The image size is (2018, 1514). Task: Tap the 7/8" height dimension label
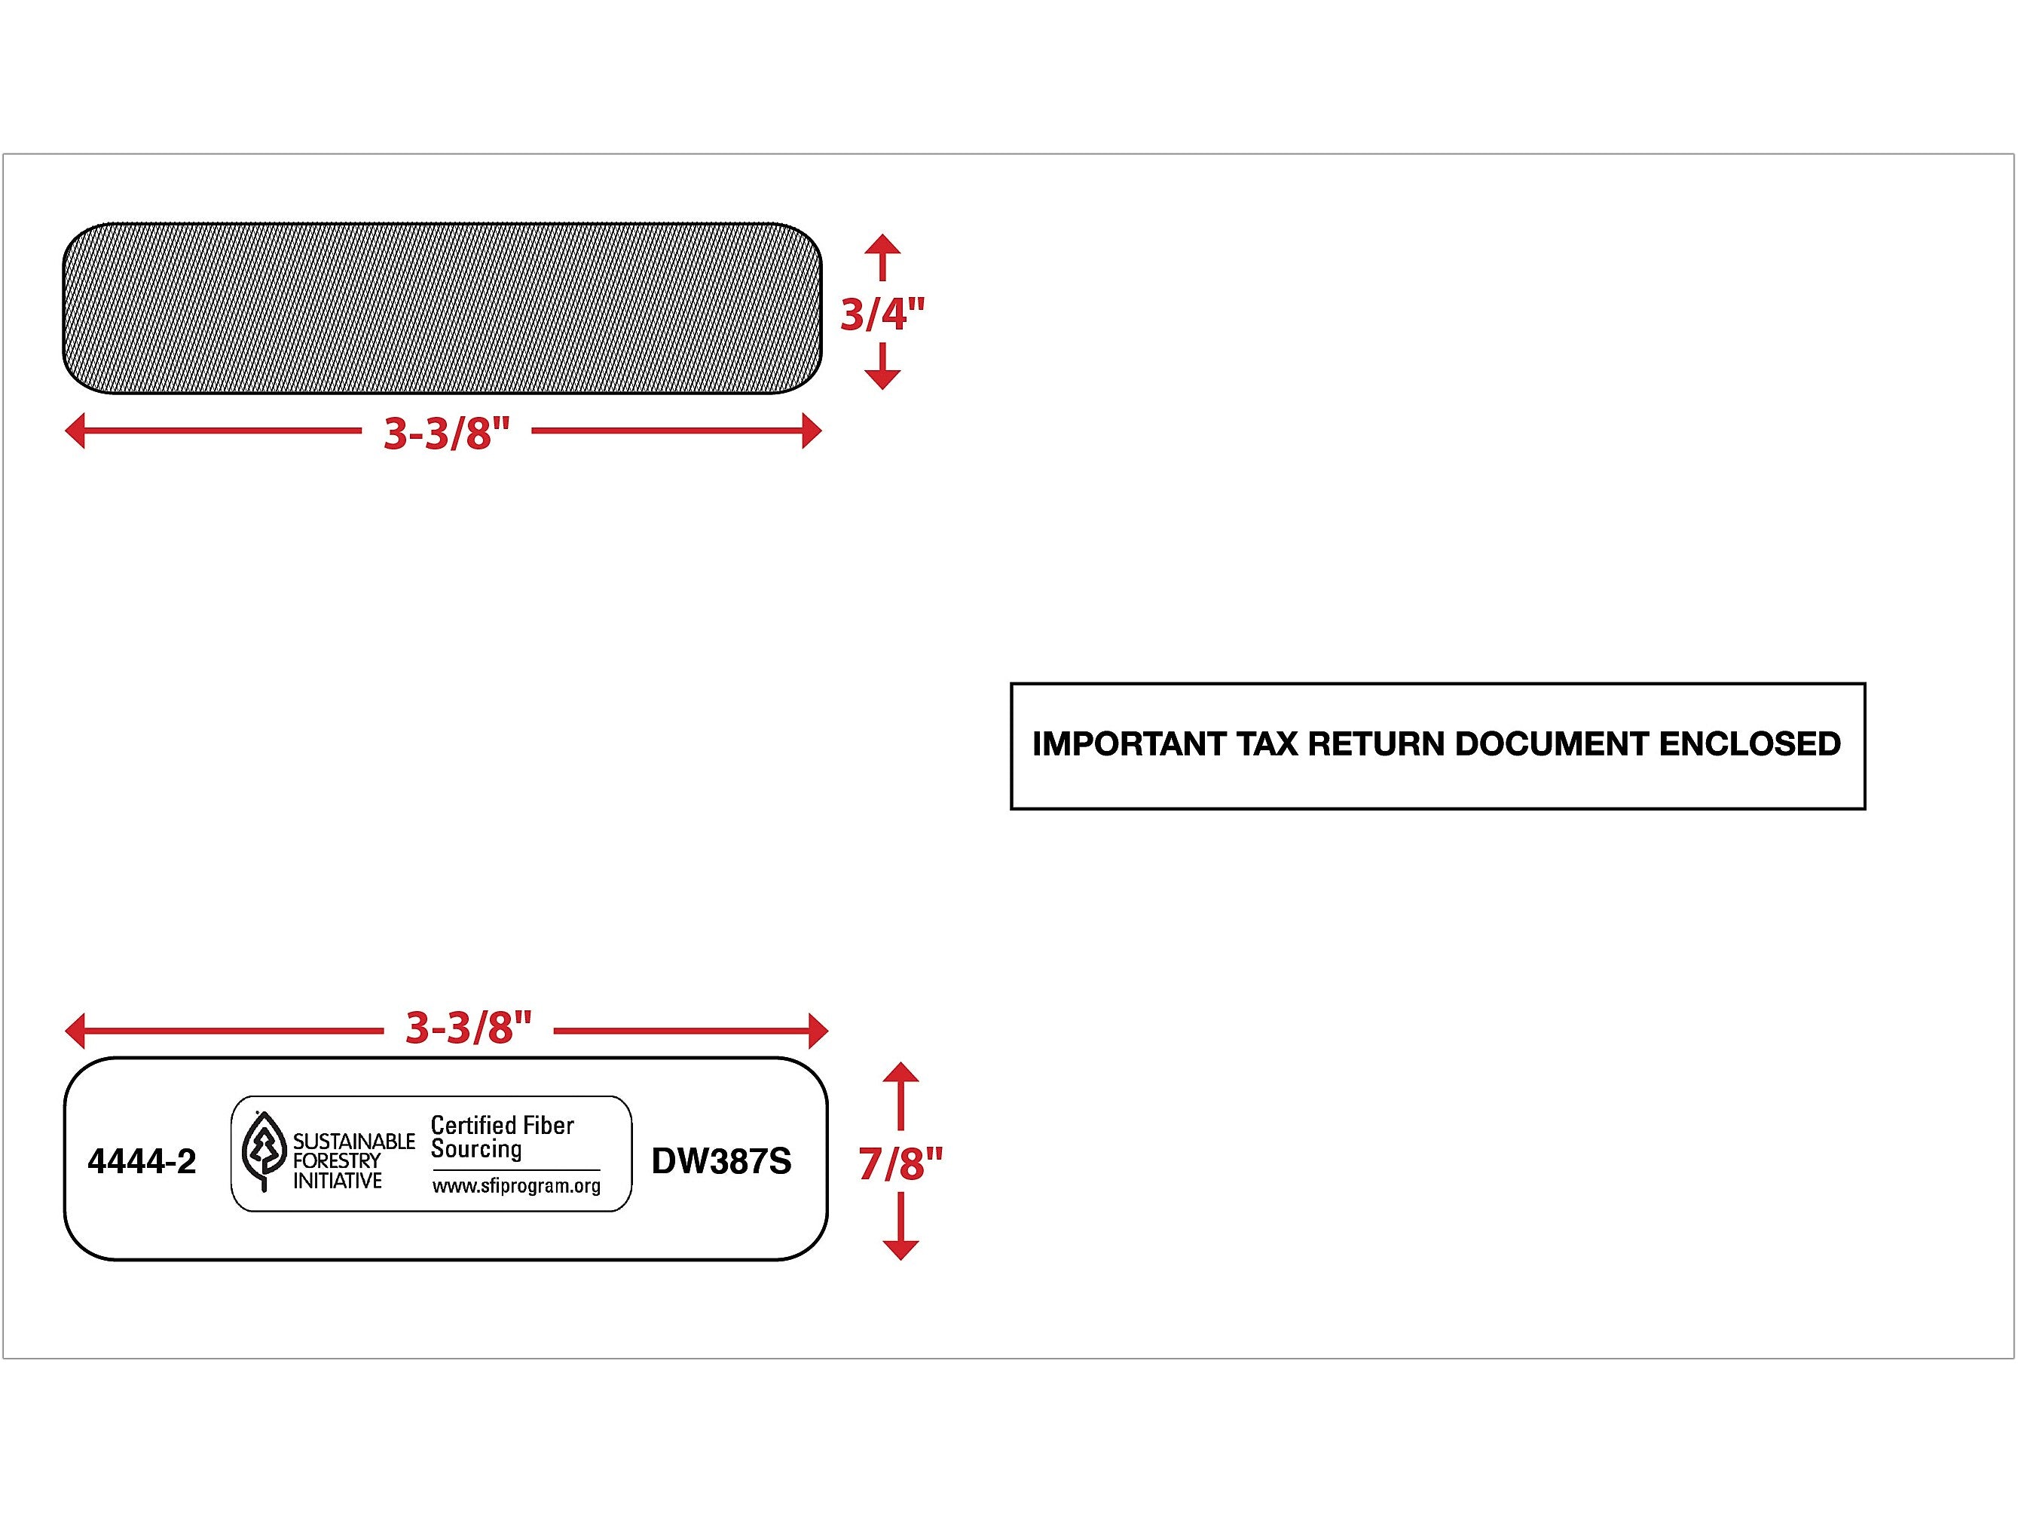point(900,1163)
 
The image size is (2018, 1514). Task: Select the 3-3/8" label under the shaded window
point(446,433)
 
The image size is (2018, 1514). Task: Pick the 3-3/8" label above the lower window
point(468,1028)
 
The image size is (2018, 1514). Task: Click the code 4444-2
point(142,1162)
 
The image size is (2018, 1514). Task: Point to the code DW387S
point(720,1162)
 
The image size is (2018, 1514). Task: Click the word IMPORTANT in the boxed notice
point(1129,743)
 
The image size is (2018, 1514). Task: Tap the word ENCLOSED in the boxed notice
point(1749,743)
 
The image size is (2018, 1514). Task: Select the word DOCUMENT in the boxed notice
point(1552,743)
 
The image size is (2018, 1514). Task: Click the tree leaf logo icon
point(264,1151)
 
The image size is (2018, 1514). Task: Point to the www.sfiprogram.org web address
point(516,1185)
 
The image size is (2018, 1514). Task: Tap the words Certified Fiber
point(502,1125)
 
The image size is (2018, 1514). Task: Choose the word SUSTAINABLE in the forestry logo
point(353,1142)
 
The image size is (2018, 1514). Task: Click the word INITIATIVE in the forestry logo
point(337,1181)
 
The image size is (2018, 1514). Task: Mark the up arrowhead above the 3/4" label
point(882,244)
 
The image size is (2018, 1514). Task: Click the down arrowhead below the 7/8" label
point(900,1249)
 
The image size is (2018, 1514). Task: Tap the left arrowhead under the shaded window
point(75,431)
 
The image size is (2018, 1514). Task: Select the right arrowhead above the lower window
point(818,1031)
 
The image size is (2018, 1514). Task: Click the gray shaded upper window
point(442,308)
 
